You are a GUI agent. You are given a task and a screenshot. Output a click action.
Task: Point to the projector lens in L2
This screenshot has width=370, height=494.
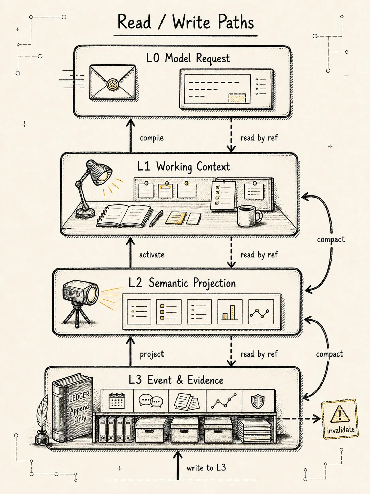pyautogui.click(x=93, y=294)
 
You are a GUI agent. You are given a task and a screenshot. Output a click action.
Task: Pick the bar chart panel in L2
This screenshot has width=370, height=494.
pyautogui.click(x=230, y=312)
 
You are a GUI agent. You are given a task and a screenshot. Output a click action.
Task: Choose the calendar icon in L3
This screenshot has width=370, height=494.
pyautogui.click(x=117, y=401)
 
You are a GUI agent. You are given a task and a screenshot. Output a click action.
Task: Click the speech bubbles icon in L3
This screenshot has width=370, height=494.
pyautogui.click(x=151, y=401)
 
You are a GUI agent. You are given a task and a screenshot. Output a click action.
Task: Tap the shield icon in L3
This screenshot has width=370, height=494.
pyautogui.click(x=258, y=401)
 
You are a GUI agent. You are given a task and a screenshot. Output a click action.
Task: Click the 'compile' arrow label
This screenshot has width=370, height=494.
pyautogui.click(x=152, y=138)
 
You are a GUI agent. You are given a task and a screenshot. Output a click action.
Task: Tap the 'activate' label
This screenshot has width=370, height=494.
pyautogui.click(x=152, y=255)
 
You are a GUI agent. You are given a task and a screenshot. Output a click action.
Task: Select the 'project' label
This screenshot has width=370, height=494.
pyautogui.click(x=152, y=354)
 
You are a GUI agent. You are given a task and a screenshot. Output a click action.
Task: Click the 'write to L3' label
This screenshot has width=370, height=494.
pyautogui.click(x=206, y=468)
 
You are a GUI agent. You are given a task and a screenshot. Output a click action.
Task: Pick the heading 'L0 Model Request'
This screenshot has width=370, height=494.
pyautogui.click(x=188, y=58)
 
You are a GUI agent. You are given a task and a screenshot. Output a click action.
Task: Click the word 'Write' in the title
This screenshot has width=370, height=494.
pyautogui.click(x=191, y=23)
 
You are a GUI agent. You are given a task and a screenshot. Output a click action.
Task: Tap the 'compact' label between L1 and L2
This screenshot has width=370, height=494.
pyautogui.click(x=331, y=239)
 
